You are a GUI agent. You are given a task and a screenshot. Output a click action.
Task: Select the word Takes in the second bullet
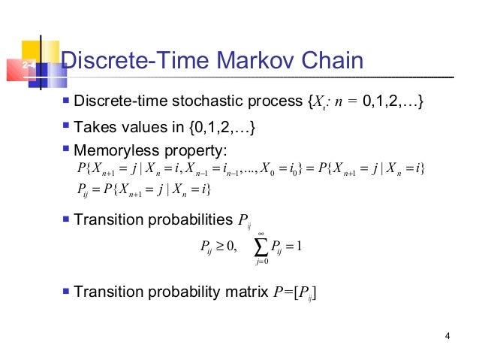[x=95, y=128]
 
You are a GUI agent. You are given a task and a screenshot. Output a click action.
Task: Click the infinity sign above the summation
[x=260, y=232]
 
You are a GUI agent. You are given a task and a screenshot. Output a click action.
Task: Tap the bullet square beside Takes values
[x=67, y=126]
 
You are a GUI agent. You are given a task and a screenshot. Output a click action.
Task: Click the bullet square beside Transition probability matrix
[x=67, y=290]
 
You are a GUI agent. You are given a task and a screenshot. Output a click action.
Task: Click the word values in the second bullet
[x=147, y=128]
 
